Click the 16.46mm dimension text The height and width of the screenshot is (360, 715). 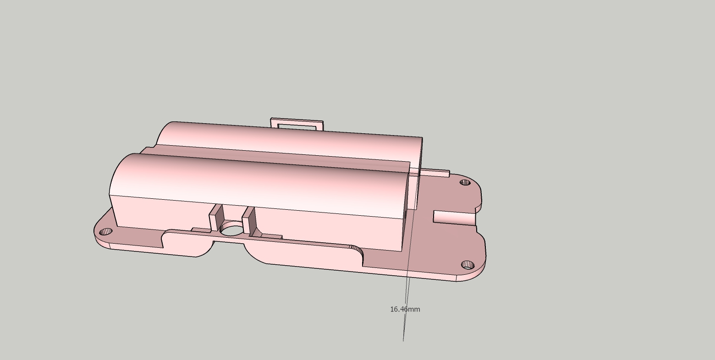[x=405, y=309]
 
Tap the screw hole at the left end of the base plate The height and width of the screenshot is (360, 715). [x=106, y=231]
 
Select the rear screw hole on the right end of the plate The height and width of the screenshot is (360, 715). [x=465, y=182]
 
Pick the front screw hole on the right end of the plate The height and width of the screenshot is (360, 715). [x=467, y=265]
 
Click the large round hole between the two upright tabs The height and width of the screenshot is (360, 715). [x=232, y=229]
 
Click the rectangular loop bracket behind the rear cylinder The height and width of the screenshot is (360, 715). [x=297, y=123]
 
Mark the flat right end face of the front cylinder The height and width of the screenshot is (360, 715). [x=405, y=211]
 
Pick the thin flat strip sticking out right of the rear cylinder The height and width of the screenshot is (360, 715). [x=434, y=173]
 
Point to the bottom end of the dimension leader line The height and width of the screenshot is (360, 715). [x=403, y=340]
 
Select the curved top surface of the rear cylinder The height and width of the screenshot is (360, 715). [x=293, y=137]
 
